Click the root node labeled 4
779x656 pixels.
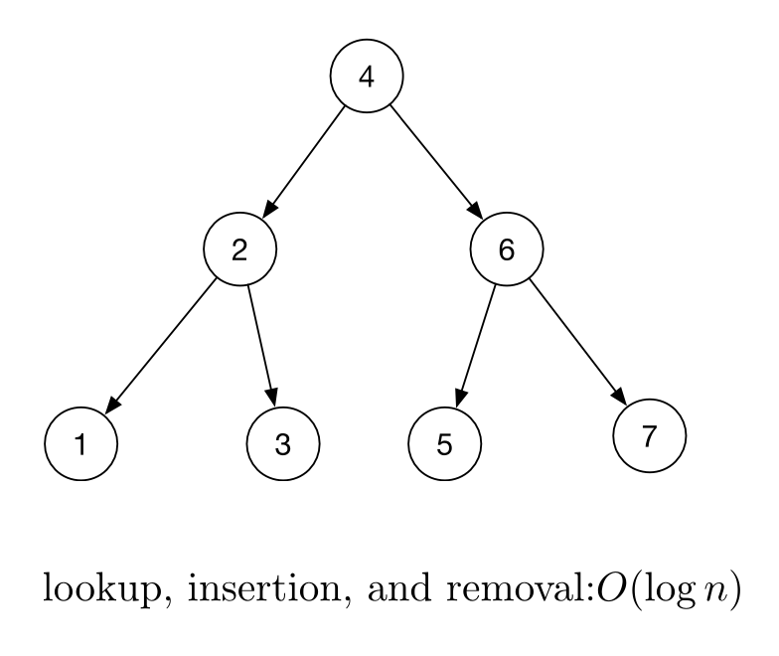[367, 78]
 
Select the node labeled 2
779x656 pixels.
[239, 248]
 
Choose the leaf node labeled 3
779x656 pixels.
[282, 443]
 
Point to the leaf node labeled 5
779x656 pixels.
[444, 443]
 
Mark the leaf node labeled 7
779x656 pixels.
[649, 435]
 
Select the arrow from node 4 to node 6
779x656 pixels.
[436, 163]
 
